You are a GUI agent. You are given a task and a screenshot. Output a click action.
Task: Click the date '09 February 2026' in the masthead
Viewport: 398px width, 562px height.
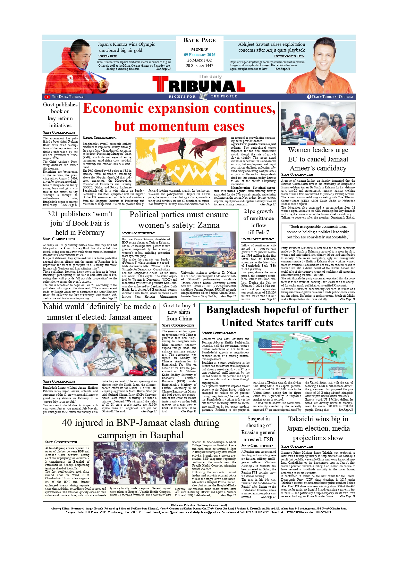199,55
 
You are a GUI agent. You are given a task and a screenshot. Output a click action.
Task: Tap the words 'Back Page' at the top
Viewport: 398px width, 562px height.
199,40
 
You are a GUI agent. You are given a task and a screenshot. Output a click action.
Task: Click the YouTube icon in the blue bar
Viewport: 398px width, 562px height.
47,97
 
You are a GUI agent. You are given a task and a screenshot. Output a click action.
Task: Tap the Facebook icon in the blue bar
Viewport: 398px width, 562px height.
309,97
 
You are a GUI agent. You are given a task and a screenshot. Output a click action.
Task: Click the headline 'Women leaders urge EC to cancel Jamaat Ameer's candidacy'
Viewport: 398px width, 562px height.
318,159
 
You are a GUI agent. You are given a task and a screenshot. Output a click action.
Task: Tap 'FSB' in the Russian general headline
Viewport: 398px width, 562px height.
267,440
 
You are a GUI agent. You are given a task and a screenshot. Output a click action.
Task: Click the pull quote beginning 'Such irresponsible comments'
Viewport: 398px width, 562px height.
318,232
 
